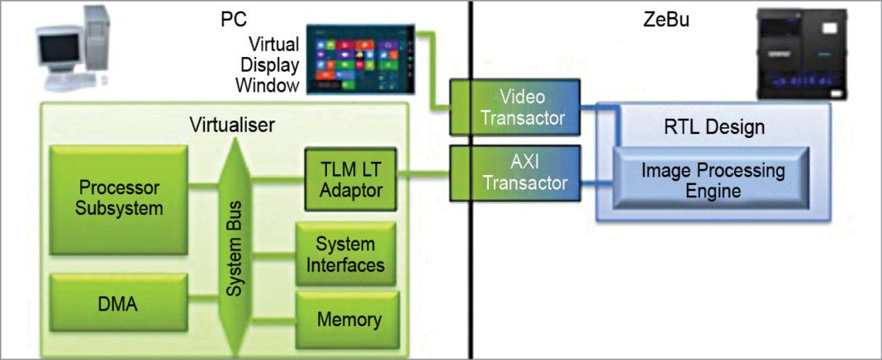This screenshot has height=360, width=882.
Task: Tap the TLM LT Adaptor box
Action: pos(350,180)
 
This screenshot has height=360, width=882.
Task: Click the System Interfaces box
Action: pos(345,254)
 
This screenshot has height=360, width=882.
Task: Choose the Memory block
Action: pos(349,320)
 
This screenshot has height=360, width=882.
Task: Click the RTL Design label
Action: pos(714,127)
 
